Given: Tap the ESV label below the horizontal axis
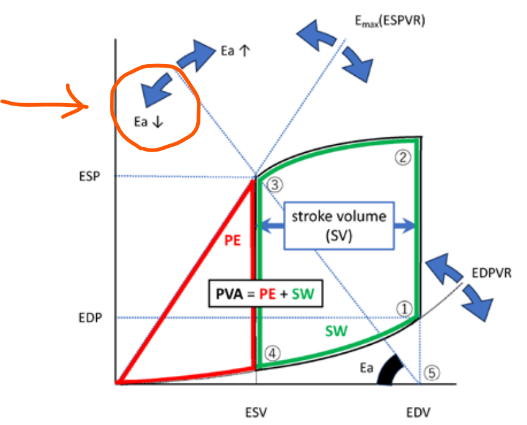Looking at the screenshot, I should (256, 411).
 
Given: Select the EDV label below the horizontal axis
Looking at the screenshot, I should (418, 411).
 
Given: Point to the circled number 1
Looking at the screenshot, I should (404, 308).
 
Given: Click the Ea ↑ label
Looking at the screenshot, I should (235, 51).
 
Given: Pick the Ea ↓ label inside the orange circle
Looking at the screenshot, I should (148, 122).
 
